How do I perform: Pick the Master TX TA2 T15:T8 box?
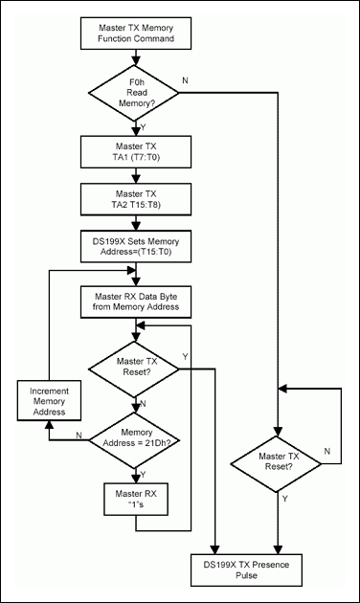[142, 201]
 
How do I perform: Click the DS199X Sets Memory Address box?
[142, 248]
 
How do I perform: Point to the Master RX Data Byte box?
[142, 301]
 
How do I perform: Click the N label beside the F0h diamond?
[212, 80]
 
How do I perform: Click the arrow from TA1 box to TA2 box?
[142, 177]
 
